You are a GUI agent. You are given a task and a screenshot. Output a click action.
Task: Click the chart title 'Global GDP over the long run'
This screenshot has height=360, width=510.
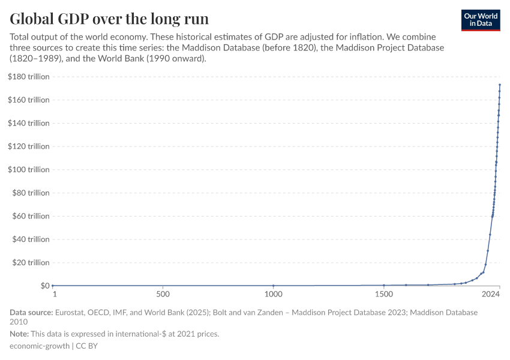point(109,18)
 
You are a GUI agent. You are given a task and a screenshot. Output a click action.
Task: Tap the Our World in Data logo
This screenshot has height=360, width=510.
point(480,20)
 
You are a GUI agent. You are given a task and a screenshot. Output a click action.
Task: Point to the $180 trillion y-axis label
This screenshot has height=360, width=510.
point(28,76)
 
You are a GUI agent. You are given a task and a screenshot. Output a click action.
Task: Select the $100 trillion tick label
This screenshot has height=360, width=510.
point(28,169)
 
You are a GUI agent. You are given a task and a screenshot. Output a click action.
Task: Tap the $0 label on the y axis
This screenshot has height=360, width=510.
point(44,286)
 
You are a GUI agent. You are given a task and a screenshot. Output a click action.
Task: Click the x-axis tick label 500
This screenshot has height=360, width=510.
point(162,294)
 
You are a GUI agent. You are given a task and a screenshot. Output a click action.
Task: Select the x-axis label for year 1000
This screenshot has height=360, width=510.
point(273,294)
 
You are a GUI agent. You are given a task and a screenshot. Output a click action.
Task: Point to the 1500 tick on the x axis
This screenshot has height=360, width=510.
point(384,294)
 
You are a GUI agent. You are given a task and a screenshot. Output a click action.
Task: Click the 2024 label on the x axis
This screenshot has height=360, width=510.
point(491,294)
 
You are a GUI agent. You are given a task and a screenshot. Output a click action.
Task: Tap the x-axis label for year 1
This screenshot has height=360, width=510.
point(54,294)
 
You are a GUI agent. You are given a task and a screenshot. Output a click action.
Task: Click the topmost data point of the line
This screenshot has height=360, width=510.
point(500,85)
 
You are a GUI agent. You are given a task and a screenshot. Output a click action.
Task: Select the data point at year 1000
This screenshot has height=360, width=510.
point(274,286)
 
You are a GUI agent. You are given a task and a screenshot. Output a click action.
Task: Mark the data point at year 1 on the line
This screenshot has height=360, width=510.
point(53,286)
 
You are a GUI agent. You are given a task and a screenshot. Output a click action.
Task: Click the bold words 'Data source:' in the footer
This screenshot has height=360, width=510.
point(31,313)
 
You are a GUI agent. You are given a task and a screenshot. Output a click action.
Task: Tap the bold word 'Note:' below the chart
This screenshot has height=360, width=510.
point(21,334)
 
